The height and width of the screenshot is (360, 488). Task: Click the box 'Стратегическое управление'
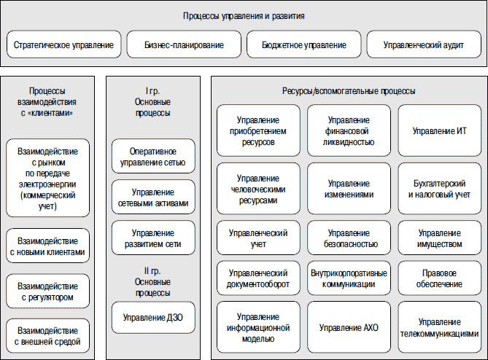(x=63, y=44)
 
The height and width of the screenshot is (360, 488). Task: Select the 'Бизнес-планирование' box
(x=184, y=44)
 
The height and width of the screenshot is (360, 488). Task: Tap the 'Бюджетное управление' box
(x=304, y=44)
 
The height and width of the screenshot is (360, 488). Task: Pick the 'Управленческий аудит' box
(x=424, y=44)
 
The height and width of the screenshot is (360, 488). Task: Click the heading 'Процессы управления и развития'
(x=244, y=16)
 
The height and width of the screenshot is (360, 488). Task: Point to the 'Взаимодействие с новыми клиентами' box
(x=48, y=246)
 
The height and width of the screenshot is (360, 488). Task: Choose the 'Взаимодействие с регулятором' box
(x=48, y=291)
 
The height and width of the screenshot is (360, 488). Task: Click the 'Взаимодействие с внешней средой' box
(x=48, y=336)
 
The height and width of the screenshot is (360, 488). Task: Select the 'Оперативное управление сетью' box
(x=153, y=156)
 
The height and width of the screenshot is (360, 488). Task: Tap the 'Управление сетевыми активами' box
(x=153, y=197)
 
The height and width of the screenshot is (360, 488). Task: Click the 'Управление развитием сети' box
(x=153, y=238)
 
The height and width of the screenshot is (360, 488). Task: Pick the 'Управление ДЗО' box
(x=153, y=318)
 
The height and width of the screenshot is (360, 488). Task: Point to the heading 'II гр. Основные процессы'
(x=152, y=282)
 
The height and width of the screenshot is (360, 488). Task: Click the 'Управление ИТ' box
(x=440, y=130)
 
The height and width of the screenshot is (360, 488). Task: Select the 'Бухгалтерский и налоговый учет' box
(x=440, y=189)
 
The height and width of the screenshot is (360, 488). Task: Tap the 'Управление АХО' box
(x=349, y=327)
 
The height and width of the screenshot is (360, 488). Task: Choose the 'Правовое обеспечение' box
(x=440, y=278)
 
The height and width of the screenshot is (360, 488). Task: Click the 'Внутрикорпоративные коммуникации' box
(x=349, y=278)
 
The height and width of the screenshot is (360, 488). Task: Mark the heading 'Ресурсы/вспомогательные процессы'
(x=349, y=91)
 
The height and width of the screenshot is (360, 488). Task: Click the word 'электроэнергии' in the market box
(x=47, y=184)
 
